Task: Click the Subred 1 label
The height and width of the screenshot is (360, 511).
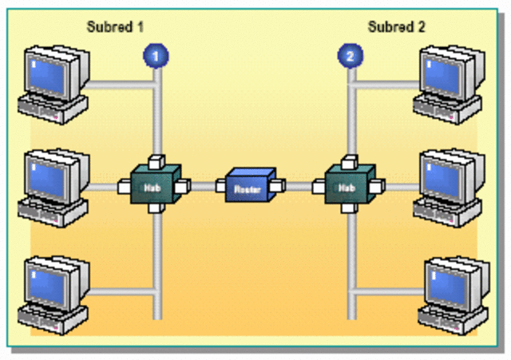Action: [115, 27]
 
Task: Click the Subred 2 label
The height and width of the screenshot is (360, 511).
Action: [397, 27]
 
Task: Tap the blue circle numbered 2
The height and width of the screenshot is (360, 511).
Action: [349, 56]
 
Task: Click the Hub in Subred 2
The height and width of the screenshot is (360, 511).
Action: [348, 186]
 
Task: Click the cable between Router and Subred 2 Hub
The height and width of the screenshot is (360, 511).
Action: [298, 187]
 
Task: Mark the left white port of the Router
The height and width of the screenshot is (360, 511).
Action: [221, 188]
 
